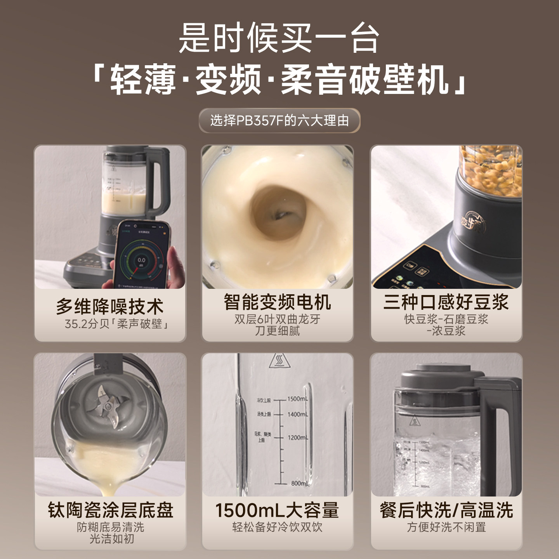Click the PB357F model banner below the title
(279, 121)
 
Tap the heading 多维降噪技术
(109, 307)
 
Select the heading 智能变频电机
(277, 302)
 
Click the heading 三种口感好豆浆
(446, 302)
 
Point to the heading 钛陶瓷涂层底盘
(110, 510)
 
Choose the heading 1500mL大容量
(277, 510)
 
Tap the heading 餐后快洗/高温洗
(446, 510)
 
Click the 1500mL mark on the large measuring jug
(297, 399)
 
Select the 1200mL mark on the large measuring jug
(297, 437)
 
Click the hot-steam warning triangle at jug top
(279, 361)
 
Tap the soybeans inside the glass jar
(491, 171)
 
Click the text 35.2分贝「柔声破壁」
(116, 324)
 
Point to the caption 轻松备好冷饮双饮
(277, 527)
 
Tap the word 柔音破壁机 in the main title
(365, 80)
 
